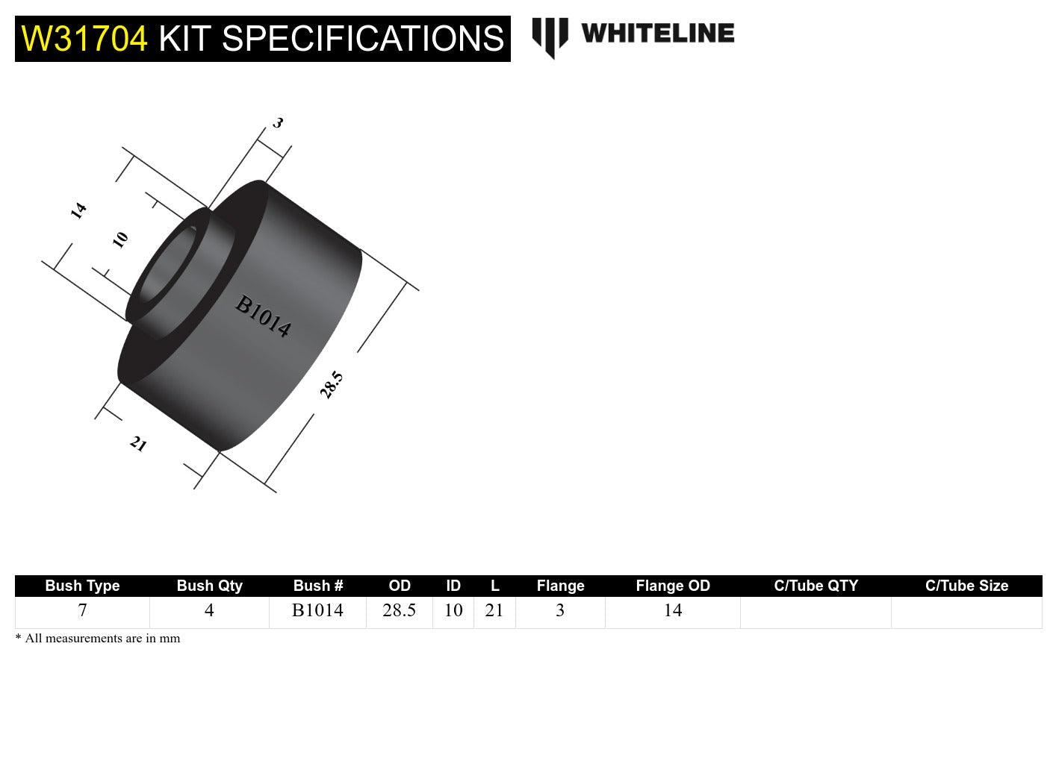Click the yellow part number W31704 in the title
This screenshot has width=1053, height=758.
pyautogui.click(x=84, y=39)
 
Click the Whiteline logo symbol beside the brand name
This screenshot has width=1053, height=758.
pyautogui.click(x=550, y=37)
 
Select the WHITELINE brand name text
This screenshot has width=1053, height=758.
pyautogui.click(x=658, y=34)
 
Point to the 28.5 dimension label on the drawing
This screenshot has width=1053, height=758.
pyautogui.click(x=331, y=385)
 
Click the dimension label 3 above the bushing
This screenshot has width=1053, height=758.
pyautogui.click(x=278, y=123)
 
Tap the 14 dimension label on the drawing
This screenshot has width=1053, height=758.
pyautogui.click(x=78, y=211)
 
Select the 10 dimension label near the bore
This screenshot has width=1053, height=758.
pyautogui.click(x=120, y=239)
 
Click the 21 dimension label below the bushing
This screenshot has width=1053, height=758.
pyautogui.click(x=138, y=445)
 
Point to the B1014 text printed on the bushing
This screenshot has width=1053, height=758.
pyautogui.click(x=263, y=316)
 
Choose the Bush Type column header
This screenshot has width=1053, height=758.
pyautogui.click(x=82, y=586)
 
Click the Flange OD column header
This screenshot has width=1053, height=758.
pyautogui.click(x=672, y=586)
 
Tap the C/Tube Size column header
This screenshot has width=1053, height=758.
pyautogui.click(x=966, y=586)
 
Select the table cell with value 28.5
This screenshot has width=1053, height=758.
pyautogui.click(x=399, y=611)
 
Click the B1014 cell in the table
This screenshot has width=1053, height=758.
pyautogui.click(x=317, y=611)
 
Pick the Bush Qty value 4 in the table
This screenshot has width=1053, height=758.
pyautogui.click(x=209, y=611)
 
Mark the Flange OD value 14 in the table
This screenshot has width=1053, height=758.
pyautogui.click(x=672, y=611)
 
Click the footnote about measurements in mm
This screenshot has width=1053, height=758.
pyautogui.click(x=98, y=639)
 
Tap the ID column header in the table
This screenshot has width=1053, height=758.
pyautogui.click(x=453, y=586)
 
